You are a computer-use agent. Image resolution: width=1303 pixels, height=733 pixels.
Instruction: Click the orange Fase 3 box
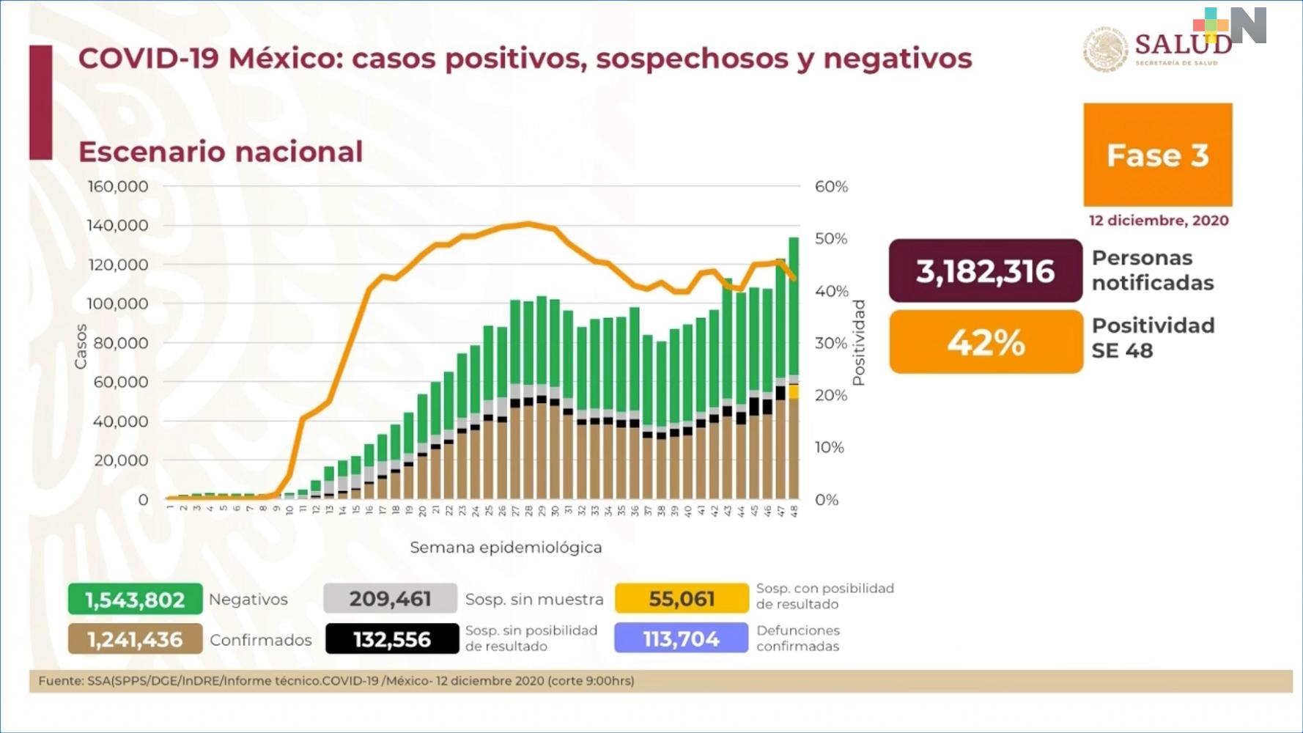tap(1157, 155)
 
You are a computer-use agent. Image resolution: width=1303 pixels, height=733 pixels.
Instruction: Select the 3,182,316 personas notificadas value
tap(985, 271)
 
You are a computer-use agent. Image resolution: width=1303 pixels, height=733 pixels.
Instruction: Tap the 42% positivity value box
tap(986, 342)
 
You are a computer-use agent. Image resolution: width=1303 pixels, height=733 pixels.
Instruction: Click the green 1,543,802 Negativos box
tap(135, 600)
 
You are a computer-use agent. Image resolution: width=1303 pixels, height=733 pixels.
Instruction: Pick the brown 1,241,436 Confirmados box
tap(135, 639)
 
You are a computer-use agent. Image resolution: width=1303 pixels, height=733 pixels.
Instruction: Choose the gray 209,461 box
tap(390, 599)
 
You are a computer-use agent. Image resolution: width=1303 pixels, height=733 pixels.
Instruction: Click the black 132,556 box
tap(392, 639)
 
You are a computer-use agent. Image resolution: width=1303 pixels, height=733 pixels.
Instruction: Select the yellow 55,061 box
tap(682, 599)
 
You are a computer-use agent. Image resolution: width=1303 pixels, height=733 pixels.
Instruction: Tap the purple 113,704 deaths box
tap(681, 639)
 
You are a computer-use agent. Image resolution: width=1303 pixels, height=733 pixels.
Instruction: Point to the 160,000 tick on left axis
tap(118, 186)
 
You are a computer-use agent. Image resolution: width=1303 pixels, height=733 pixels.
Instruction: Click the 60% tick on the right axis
tap(831, 186)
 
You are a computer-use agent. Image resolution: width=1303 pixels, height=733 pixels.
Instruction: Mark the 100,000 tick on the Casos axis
tap(118, 303)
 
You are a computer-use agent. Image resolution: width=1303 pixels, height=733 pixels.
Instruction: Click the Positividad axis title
tap(859, 342)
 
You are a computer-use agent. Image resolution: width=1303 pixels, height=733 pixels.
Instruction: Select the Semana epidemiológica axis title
tap(506, 548)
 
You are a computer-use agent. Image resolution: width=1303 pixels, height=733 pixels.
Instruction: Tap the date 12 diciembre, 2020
tap(1158, 221)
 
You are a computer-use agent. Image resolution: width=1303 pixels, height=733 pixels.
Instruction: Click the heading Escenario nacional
tap(221, 152)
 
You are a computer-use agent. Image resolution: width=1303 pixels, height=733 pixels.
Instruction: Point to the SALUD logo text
tap(1182, 44)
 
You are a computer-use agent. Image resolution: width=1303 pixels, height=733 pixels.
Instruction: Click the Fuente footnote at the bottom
tap(336, 681)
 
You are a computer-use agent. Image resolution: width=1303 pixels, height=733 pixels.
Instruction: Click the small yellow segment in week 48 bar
tap(794, 392)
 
